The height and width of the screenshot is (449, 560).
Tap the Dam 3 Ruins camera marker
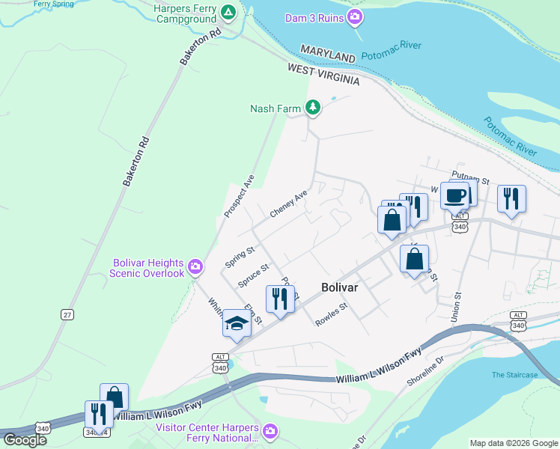pyautogui.click(x=355, y=17)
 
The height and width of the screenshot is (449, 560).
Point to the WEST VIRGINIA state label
pyautogui.click(x=323, y=73)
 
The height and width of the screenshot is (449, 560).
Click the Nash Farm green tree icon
pyautogui.click(x=313, y=109)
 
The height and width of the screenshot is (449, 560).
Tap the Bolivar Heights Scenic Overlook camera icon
pyautogui.click(x=195, y=266)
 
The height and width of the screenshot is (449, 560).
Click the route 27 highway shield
pyautogui.click(x=68, y=315)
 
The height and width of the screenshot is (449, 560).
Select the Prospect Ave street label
pyautogui.click(x=239, y=196)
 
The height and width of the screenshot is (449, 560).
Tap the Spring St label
pyautogui.click(x=240, y=257)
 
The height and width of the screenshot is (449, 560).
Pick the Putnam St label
pyautogui.click(x=474, y=180)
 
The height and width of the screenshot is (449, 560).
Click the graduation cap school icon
pyautogui.click(x=236, y=323)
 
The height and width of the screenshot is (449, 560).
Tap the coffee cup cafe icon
pyautogui.click(x=454, y=196)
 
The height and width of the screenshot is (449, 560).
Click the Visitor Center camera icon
pyautogui.click(x=270, y=431)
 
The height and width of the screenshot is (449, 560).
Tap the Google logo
pyautogui.click(x=25, y=439)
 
